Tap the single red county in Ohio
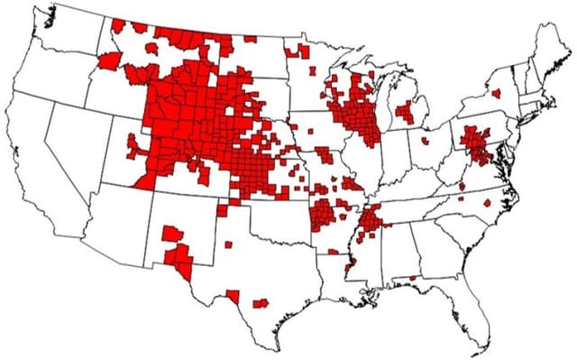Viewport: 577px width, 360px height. tap(425, 143)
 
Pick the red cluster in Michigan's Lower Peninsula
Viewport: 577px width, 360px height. tap(405, 112)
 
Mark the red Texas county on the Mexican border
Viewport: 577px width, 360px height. tap(233, 295)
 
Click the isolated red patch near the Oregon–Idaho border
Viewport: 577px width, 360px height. tap(108, 60)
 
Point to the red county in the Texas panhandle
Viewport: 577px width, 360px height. tap(227, 244)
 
